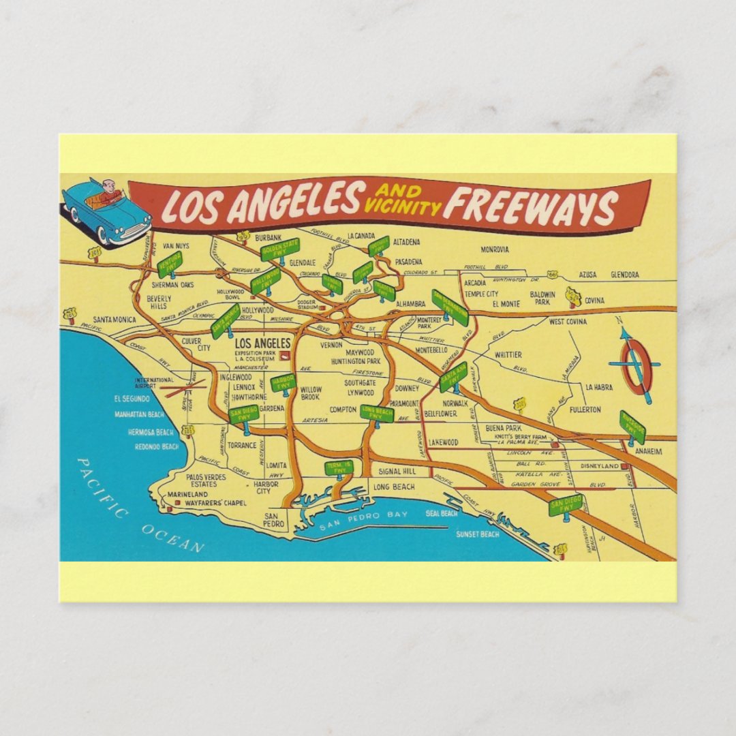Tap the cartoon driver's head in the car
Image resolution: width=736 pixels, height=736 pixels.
pyautogui.click(x=107, y=185)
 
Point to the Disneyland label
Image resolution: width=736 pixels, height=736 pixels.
pyautogui.click(x=599, y=466)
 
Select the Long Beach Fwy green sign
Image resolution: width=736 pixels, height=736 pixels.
pyautogui.click(x=377, y=413)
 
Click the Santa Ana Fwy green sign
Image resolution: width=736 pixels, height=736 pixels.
pyautogui.click(x=453, y=377)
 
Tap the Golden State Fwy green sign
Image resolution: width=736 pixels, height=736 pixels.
pyautogui.click(x=279, y=248)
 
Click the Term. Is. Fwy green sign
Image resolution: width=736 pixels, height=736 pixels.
pyautogui.click(x=339, y=467)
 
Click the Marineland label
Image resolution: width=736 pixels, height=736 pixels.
pyautogui.click(x=187, y=494)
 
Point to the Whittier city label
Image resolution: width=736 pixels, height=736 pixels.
pyautogui.click(x=508, y=355)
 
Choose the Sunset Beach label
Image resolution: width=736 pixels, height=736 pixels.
pyautogui.click(x=478, y=534)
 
